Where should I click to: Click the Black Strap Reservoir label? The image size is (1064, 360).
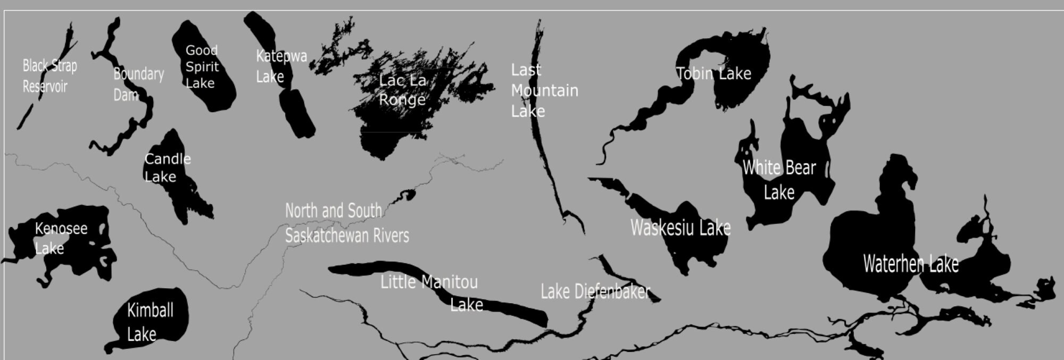(49, 76)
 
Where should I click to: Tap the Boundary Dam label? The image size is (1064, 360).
(138, 84)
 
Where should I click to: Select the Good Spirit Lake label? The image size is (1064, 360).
(202, 66)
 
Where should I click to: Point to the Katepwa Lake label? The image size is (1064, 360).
(281, 66)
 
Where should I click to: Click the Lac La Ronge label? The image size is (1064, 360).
(403, 90)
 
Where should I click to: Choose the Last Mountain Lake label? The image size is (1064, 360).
(544, 90)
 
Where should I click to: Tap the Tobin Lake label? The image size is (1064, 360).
(713, 73)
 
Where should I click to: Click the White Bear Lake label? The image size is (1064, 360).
(779, 179)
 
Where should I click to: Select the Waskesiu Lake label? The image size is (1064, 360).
(680, 228)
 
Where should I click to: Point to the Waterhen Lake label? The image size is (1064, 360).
(910, 264)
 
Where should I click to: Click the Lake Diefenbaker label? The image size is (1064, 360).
(595, 291)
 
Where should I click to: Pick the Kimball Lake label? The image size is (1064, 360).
(149, 322)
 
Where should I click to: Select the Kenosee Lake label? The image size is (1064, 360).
(61, 238)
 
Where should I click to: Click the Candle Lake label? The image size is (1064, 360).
(167, 168)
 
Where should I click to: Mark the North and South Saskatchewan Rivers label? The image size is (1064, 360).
(346, 223)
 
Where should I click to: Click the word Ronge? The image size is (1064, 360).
(402, 99)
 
